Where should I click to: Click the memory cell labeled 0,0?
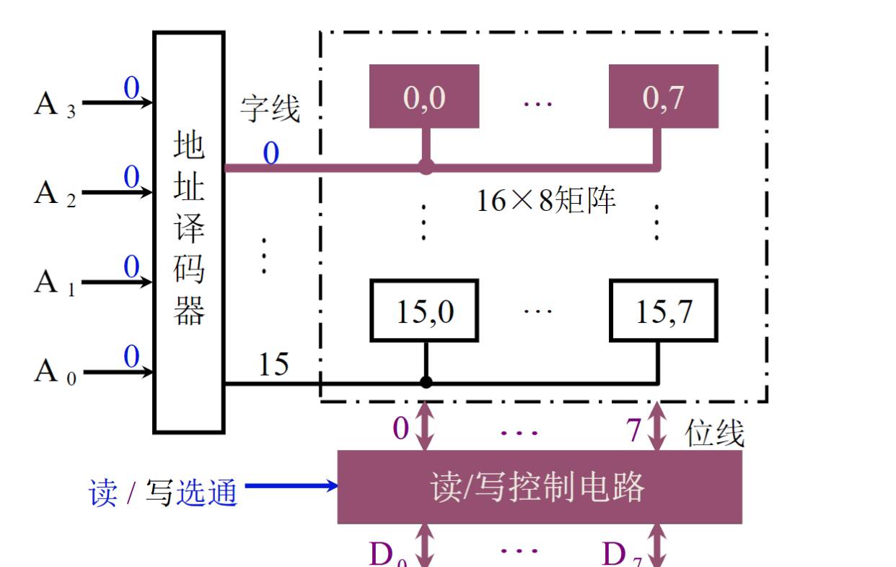point(424,97)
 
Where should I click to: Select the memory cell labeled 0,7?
point(664,97)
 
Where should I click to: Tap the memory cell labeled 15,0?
point(424,311)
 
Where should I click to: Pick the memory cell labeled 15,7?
point(664,311)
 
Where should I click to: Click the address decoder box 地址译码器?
point(189,231)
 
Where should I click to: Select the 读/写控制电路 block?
point(540,487)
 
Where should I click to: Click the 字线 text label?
point(270,109)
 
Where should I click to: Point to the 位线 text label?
point(714,433)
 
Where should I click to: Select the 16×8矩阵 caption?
point(546,200)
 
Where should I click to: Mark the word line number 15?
point(273,365)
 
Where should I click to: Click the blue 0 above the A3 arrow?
point(131,89)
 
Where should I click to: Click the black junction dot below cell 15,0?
point(426,382)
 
